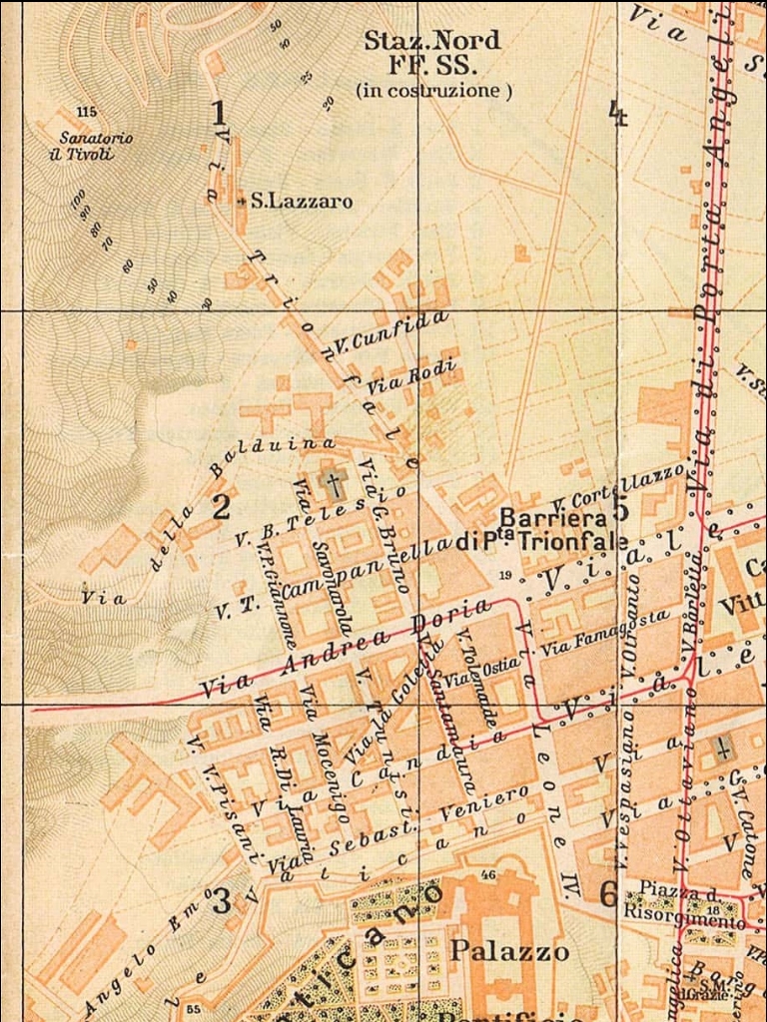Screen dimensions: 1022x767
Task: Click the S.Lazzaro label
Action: pyautogui.click(x=301, y=202)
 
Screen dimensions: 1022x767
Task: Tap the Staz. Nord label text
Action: pyautogui.click(x=431, y=42)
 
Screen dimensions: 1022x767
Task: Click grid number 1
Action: pyautogui.click(x=219, y=112)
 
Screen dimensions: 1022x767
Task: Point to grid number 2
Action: pyautogui.click(x=221, y=505)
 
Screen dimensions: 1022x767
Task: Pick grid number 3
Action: pyautogui.click(x=221, y=900)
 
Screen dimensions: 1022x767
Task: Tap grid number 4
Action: pyautogui.click(x=618, y=114)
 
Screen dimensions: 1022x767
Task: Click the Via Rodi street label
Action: pyautogui.click(x=412, y=375)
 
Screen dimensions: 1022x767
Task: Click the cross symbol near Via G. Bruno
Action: pyautogui.click(x=334, y=485)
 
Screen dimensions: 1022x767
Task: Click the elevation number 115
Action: pyautogui.click(x=87, y=111)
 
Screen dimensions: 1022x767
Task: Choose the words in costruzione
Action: pyautogui.click(x=433, y=91)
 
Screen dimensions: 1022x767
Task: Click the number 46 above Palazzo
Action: pyautogui.click(x=488, y=875)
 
